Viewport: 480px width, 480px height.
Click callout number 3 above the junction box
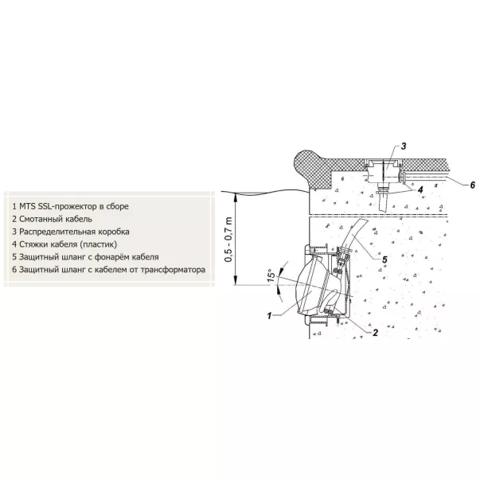pos(404,146)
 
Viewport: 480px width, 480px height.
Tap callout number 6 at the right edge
pos(472,185)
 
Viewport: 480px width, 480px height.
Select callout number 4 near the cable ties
pos(420,189)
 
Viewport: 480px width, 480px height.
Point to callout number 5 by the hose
pos(384,260)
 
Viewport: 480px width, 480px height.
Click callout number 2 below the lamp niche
pos(375,333)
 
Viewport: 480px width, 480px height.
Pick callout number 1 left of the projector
pos(269,315)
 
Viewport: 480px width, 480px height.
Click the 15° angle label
pos(271,275)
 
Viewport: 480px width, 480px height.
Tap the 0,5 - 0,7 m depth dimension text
pos(228,239)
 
